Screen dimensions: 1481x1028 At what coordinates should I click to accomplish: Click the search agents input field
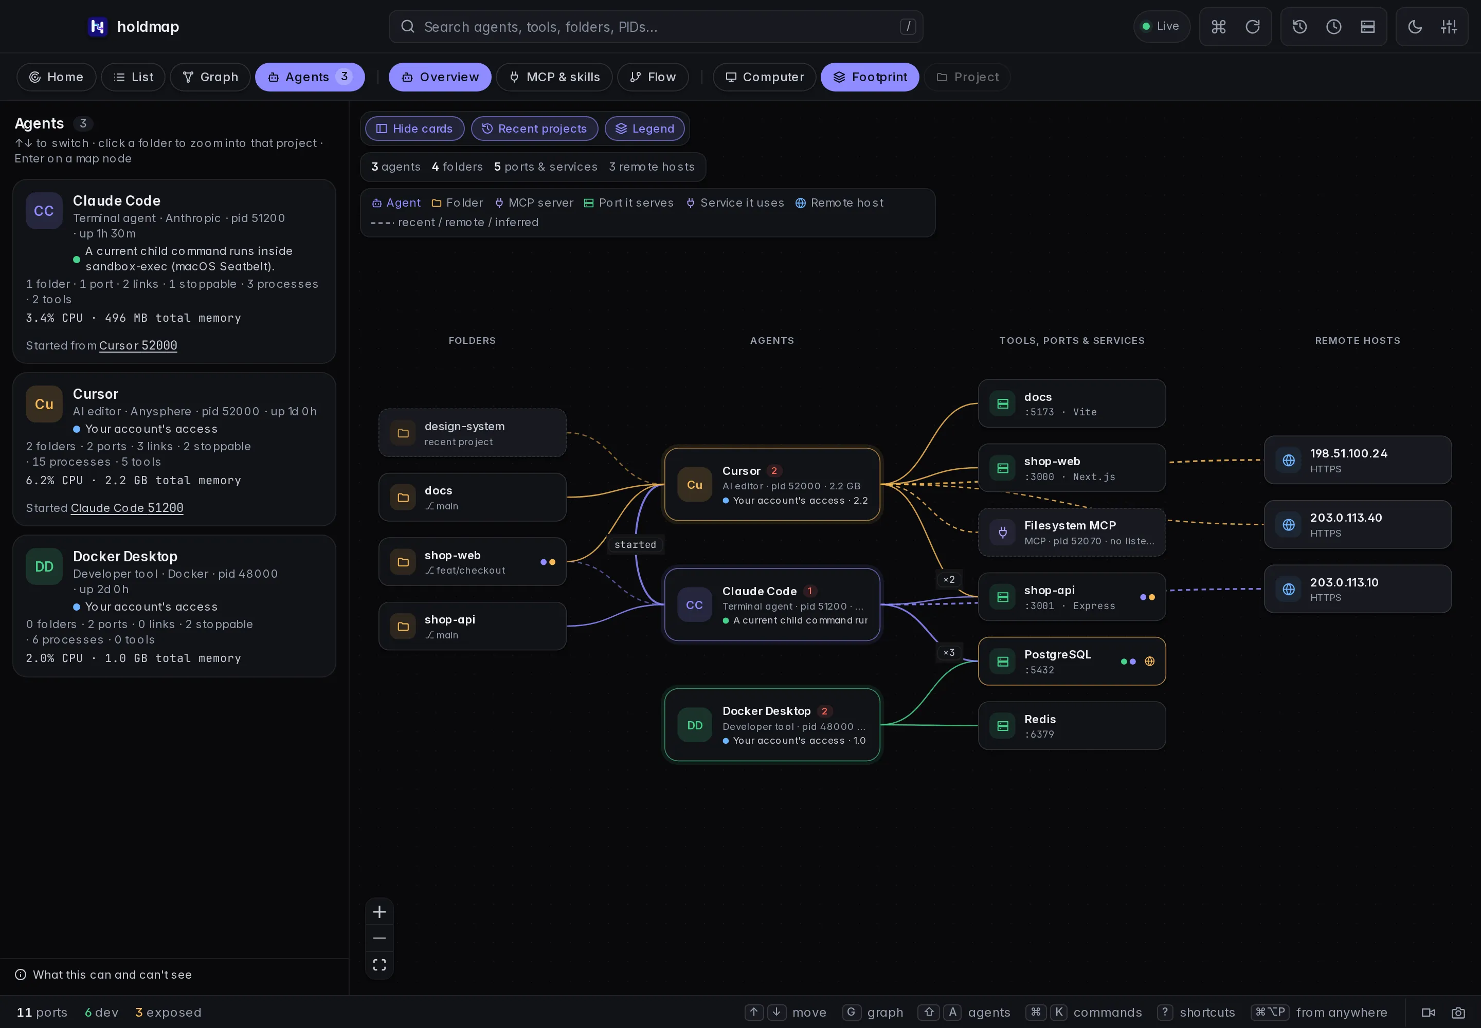tap(656, 26)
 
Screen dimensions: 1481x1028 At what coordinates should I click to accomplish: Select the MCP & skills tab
tap(554, 77)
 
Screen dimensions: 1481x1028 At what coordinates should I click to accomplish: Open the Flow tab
tap(653, 77)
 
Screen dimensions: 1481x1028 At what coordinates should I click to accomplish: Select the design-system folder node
tap(473, 433)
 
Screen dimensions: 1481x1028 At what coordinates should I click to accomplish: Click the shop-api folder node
tap(473, 626)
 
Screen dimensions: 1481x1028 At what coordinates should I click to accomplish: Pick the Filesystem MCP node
tap(1072, 532)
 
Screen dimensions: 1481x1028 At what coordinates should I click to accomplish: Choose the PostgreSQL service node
tap(1072, 661)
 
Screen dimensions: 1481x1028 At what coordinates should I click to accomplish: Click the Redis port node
tap(1072, 725)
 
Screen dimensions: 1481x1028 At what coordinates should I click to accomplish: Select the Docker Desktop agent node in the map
tap(772, 725)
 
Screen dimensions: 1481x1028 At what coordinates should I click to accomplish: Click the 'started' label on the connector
tap(636, 545)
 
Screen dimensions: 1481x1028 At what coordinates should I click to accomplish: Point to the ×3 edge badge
tap(949, 652)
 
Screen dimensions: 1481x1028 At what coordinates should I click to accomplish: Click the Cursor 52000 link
tap(138, 345)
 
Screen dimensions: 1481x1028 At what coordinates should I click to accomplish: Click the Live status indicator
tap(1161, 26)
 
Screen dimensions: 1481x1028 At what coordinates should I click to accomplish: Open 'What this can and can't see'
tap(112, 975)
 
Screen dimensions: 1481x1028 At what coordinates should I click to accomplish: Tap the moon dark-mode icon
tap(1415, 26)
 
